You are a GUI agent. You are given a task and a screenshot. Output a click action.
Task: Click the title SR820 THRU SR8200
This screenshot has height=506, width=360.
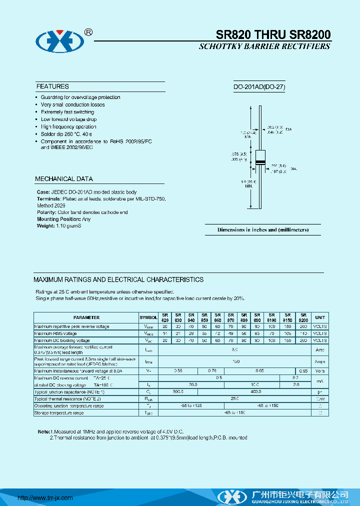pos(273,34)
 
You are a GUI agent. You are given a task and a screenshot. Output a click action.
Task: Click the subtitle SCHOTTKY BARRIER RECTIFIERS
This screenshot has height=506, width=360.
pos(264,46)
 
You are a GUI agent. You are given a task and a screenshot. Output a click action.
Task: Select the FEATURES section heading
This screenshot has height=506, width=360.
pos(52,86)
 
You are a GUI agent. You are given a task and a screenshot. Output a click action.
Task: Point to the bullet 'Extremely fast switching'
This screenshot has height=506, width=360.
pos(67,112)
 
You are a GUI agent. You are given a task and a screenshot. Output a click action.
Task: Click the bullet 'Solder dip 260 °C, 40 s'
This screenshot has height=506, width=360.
pos(66,134)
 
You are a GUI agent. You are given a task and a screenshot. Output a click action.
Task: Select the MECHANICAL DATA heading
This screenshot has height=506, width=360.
pos(64,179)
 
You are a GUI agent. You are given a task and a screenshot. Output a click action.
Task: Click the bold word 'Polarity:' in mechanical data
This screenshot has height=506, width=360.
pos(48,212)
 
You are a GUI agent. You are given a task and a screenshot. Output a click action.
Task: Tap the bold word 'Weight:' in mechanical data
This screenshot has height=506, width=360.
pos(46,226)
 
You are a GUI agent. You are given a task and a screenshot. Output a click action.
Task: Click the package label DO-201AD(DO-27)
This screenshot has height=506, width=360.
pos(259,87)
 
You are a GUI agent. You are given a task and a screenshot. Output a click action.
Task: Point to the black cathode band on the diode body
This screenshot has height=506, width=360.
pos(259,161)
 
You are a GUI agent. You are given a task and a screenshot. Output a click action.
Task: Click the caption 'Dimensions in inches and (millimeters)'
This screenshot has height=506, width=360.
pos(262,230)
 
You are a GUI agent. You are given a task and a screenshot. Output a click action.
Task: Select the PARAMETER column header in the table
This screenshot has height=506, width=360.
pos(86,317)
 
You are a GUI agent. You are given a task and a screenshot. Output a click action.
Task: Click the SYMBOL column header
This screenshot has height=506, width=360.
pos(148,317)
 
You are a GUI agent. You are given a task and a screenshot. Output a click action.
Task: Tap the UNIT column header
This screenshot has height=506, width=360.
pos(320,317)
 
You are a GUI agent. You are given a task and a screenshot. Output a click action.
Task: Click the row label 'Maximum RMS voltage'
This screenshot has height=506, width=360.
pos(55,333)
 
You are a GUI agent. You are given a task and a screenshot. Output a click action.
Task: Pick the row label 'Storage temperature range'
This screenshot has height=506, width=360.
pos(59,413)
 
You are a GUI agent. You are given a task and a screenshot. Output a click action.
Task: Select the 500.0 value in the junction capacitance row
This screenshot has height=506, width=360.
pos(178,392)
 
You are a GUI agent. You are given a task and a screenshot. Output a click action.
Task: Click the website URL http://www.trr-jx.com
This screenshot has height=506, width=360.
pos(45,497)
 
